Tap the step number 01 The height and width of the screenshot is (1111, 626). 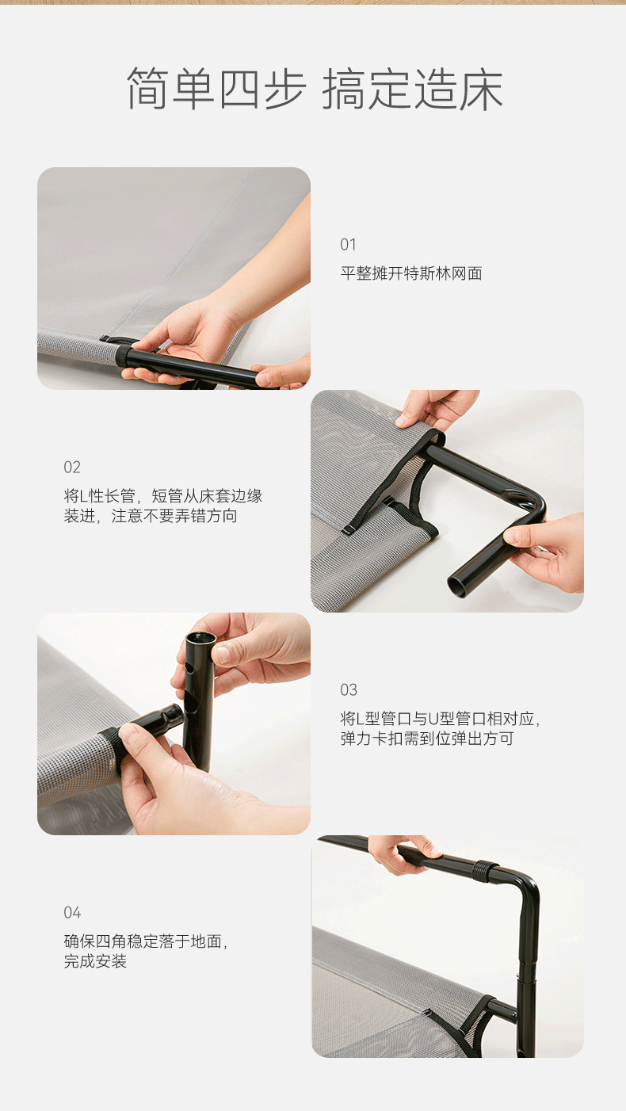[x=349, y=244]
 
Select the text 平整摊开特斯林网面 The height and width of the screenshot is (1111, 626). [x=411, y=273]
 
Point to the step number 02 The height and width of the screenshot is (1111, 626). [x=72, y=467]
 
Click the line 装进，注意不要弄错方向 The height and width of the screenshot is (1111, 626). [x=151, y=517]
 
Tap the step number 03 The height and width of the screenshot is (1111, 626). [x=349, y=689]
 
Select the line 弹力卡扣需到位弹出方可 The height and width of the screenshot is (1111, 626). [x=427, y=739]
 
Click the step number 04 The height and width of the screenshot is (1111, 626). [x=72, y=912]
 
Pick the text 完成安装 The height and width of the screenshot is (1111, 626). [x=95, y=962]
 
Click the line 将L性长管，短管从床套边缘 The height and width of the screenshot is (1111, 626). [x=162, y=497]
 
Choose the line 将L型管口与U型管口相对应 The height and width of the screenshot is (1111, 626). [x=440, y=720]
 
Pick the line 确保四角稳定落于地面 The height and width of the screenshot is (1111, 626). [x=146, y=942]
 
